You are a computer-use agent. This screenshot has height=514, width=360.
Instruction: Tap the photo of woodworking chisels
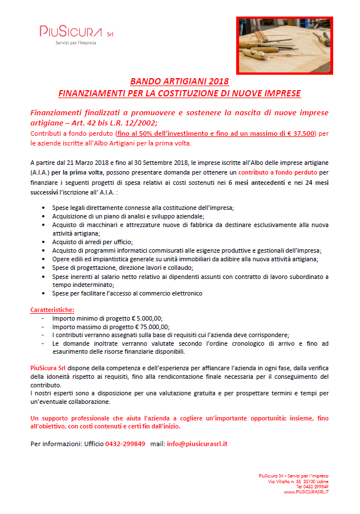pos(284,46)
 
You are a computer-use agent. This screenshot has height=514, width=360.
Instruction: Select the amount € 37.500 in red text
pos(299,133)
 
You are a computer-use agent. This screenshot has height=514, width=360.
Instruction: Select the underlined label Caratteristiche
pos(51,310)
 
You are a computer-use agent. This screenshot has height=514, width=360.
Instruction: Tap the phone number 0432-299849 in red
pos(125,443)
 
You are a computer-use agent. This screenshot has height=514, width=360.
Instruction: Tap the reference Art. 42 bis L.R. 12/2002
pos(101,122)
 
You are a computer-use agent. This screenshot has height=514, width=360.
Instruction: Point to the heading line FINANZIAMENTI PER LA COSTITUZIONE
pos(179,92)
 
